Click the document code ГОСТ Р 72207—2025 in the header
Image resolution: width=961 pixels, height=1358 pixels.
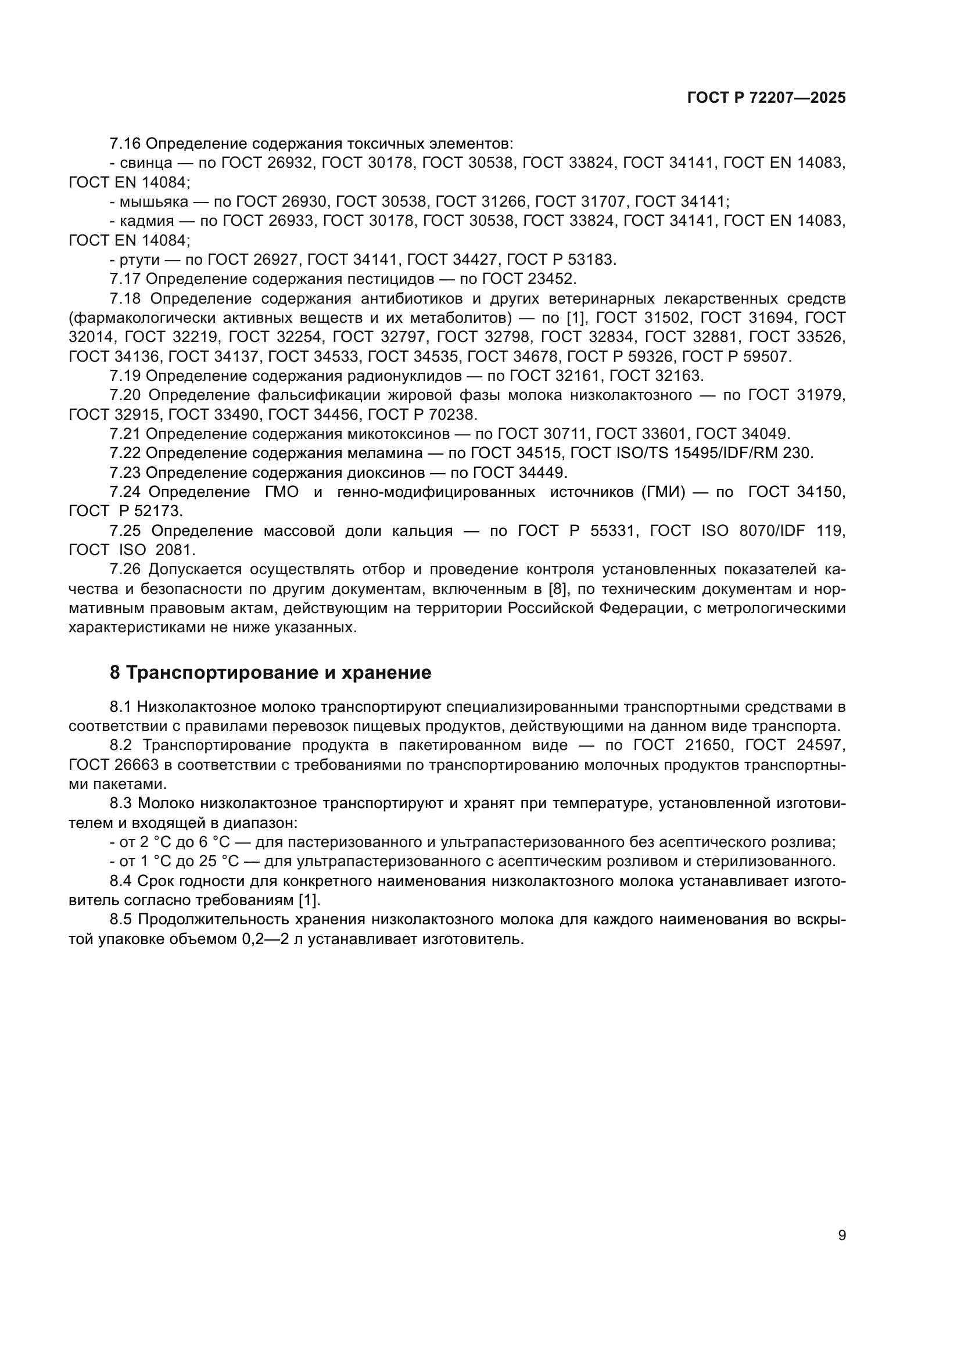tap(766, 98)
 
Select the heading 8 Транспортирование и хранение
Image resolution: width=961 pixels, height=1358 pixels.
tap(270, 672)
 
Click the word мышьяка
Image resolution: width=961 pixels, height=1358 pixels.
tap(153, 201)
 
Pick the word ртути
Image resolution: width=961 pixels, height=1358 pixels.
tap(139, 260)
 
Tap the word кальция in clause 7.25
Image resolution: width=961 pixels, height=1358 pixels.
tap(422, 531)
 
